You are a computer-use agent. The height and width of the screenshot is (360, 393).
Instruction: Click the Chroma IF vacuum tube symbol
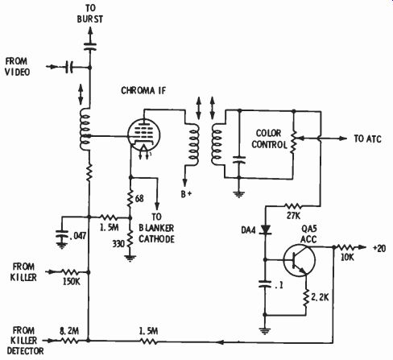point(143,136)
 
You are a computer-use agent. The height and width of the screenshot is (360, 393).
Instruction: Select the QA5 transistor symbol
point(300,260)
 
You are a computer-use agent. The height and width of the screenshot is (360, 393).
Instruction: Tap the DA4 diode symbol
point(266,230)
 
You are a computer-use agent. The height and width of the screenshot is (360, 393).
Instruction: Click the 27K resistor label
point(293,215)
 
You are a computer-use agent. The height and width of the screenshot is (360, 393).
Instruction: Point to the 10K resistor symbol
point(347,247)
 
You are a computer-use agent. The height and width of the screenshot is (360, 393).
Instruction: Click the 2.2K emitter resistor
point(306,299)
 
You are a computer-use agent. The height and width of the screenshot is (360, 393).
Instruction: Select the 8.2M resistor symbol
point(69,341)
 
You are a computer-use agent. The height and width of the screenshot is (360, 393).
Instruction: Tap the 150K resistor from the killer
point(71,272)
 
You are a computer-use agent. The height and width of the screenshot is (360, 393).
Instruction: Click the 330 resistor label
point(118,244)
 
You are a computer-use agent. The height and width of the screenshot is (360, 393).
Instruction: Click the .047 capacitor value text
point(78,236)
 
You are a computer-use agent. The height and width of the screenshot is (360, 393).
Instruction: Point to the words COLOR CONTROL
point(269,139)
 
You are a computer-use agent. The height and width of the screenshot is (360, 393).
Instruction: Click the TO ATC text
point(367,139)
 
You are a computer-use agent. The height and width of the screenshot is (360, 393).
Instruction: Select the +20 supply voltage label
point(379,249)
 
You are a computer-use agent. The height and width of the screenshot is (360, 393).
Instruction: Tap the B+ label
point(186,194)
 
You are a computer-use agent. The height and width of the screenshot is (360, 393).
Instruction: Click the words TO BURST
point(90,14)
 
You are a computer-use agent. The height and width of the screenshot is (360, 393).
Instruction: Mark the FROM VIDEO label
point(17,67)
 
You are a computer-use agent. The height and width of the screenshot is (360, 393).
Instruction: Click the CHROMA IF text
point(143,90)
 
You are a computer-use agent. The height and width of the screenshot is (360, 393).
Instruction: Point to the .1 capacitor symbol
point(265,284)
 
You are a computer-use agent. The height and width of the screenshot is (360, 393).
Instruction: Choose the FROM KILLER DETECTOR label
point(25,341)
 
